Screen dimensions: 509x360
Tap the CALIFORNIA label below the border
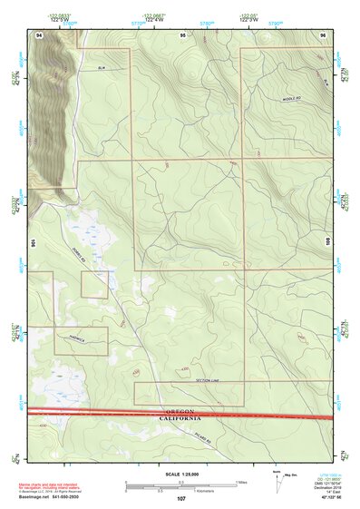180,418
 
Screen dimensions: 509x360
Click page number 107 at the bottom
181,498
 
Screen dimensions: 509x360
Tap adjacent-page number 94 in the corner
39,34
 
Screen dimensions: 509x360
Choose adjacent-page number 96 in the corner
324,34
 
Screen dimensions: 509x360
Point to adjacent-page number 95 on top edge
182,34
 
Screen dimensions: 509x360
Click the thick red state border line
272,416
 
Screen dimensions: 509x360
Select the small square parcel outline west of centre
94,284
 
